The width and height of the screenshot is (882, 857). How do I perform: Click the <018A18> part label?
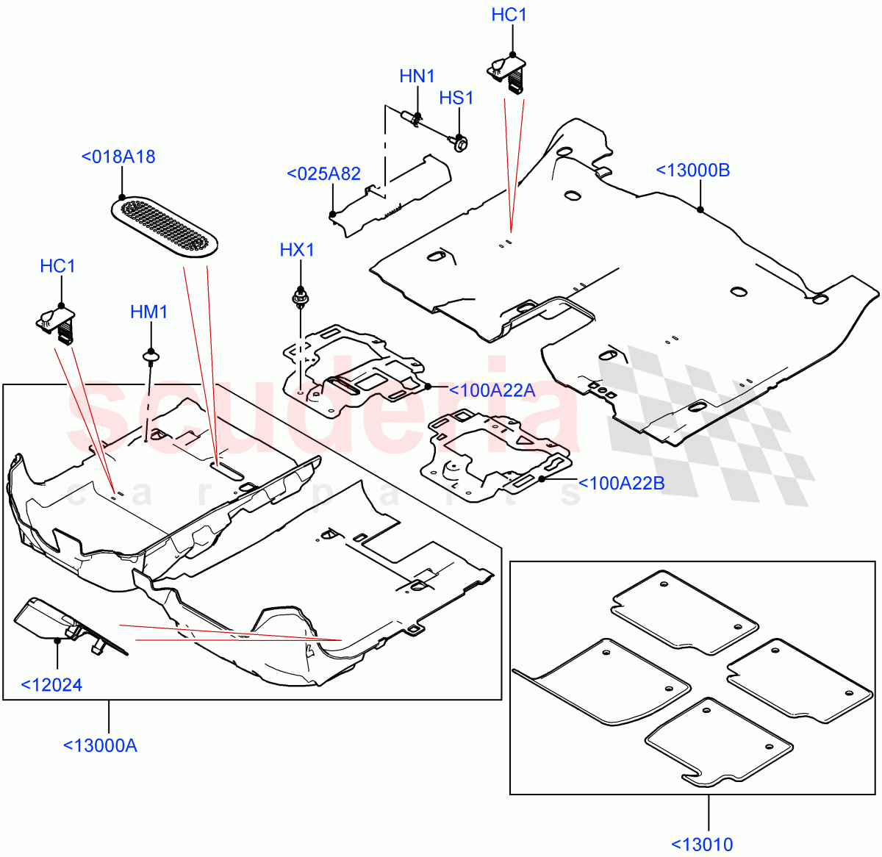tap(118, 157)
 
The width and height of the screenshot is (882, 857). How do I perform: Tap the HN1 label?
tap(417, 76)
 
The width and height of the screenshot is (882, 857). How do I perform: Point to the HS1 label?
tap(456, 98)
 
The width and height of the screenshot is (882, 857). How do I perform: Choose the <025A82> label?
tap(324, 174)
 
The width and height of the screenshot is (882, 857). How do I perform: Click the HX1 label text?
tap(297, 250)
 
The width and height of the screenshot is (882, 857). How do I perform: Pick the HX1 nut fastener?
tap(300, 298)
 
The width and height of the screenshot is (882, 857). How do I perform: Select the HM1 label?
tap(149, 312)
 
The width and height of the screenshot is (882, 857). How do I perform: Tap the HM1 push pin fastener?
tap(151, 358)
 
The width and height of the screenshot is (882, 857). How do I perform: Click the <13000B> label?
tap(693, 171)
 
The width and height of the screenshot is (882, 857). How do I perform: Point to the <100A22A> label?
tap(491, 391)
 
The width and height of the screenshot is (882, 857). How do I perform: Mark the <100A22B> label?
tap(622, 484)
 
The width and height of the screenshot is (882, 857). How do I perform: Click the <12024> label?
tap(51, 685)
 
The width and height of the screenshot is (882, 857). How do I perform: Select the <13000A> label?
tap(101, 745)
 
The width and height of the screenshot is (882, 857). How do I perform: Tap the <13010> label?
tap(702, 845)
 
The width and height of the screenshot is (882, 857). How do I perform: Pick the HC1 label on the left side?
tap(58, 266)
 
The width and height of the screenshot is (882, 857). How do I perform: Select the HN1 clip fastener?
tap(413, 119)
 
